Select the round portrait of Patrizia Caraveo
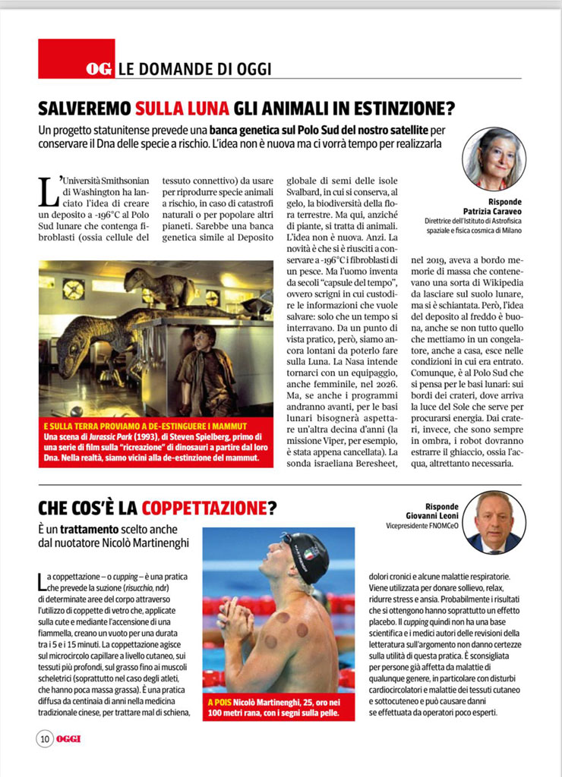click(x=494, y=158)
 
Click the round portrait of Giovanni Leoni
click(x=494, y=522)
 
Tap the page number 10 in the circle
click(x=45, y=738)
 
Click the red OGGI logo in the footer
click(x=68, y=738)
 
